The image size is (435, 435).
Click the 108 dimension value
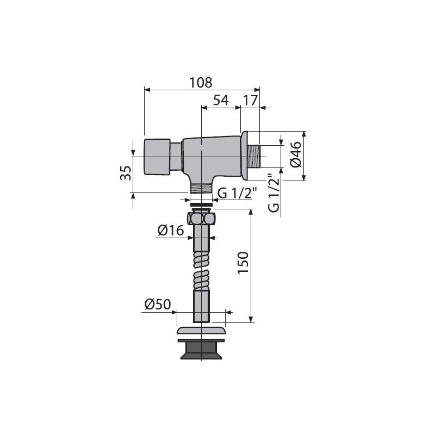(x=201, y=83)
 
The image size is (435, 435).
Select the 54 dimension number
(x=221, y=100)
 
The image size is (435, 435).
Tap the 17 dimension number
(x=251, y=101)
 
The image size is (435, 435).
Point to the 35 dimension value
(x=126, y=173)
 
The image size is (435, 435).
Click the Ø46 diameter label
(x=296, y=154)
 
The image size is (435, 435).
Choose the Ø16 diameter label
(x=171, y=230)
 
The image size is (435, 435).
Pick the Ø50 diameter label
(x=158, y=304)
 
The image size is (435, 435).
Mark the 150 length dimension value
(x=243, y=263)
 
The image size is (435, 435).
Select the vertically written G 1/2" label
(x=274, y=193)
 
